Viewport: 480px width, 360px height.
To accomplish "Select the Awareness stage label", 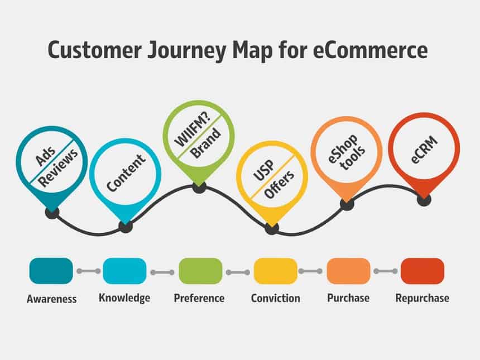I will (51, 299).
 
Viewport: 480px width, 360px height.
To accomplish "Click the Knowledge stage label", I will (124, 297).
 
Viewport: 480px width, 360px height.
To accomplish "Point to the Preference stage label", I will (199, 298).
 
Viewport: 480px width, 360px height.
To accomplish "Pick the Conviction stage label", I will (275, 298).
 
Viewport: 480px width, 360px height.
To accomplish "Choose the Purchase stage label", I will (348, 297).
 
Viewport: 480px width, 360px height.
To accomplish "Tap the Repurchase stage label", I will (422, 298).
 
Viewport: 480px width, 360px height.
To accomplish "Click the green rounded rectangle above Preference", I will (200, 271).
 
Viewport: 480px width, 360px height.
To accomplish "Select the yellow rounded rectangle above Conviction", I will (275, 271).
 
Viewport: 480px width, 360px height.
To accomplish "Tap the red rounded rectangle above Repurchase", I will (423, 271).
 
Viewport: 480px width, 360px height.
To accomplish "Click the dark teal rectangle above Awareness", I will (51, 271).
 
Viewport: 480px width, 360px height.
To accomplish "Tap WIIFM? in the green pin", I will (190, 131).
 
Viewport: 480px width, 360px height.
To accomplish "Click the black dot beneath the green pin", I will (199, 188).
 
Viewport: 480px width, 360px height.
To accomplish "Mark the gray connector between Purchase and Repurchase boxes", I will (386, 271).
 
